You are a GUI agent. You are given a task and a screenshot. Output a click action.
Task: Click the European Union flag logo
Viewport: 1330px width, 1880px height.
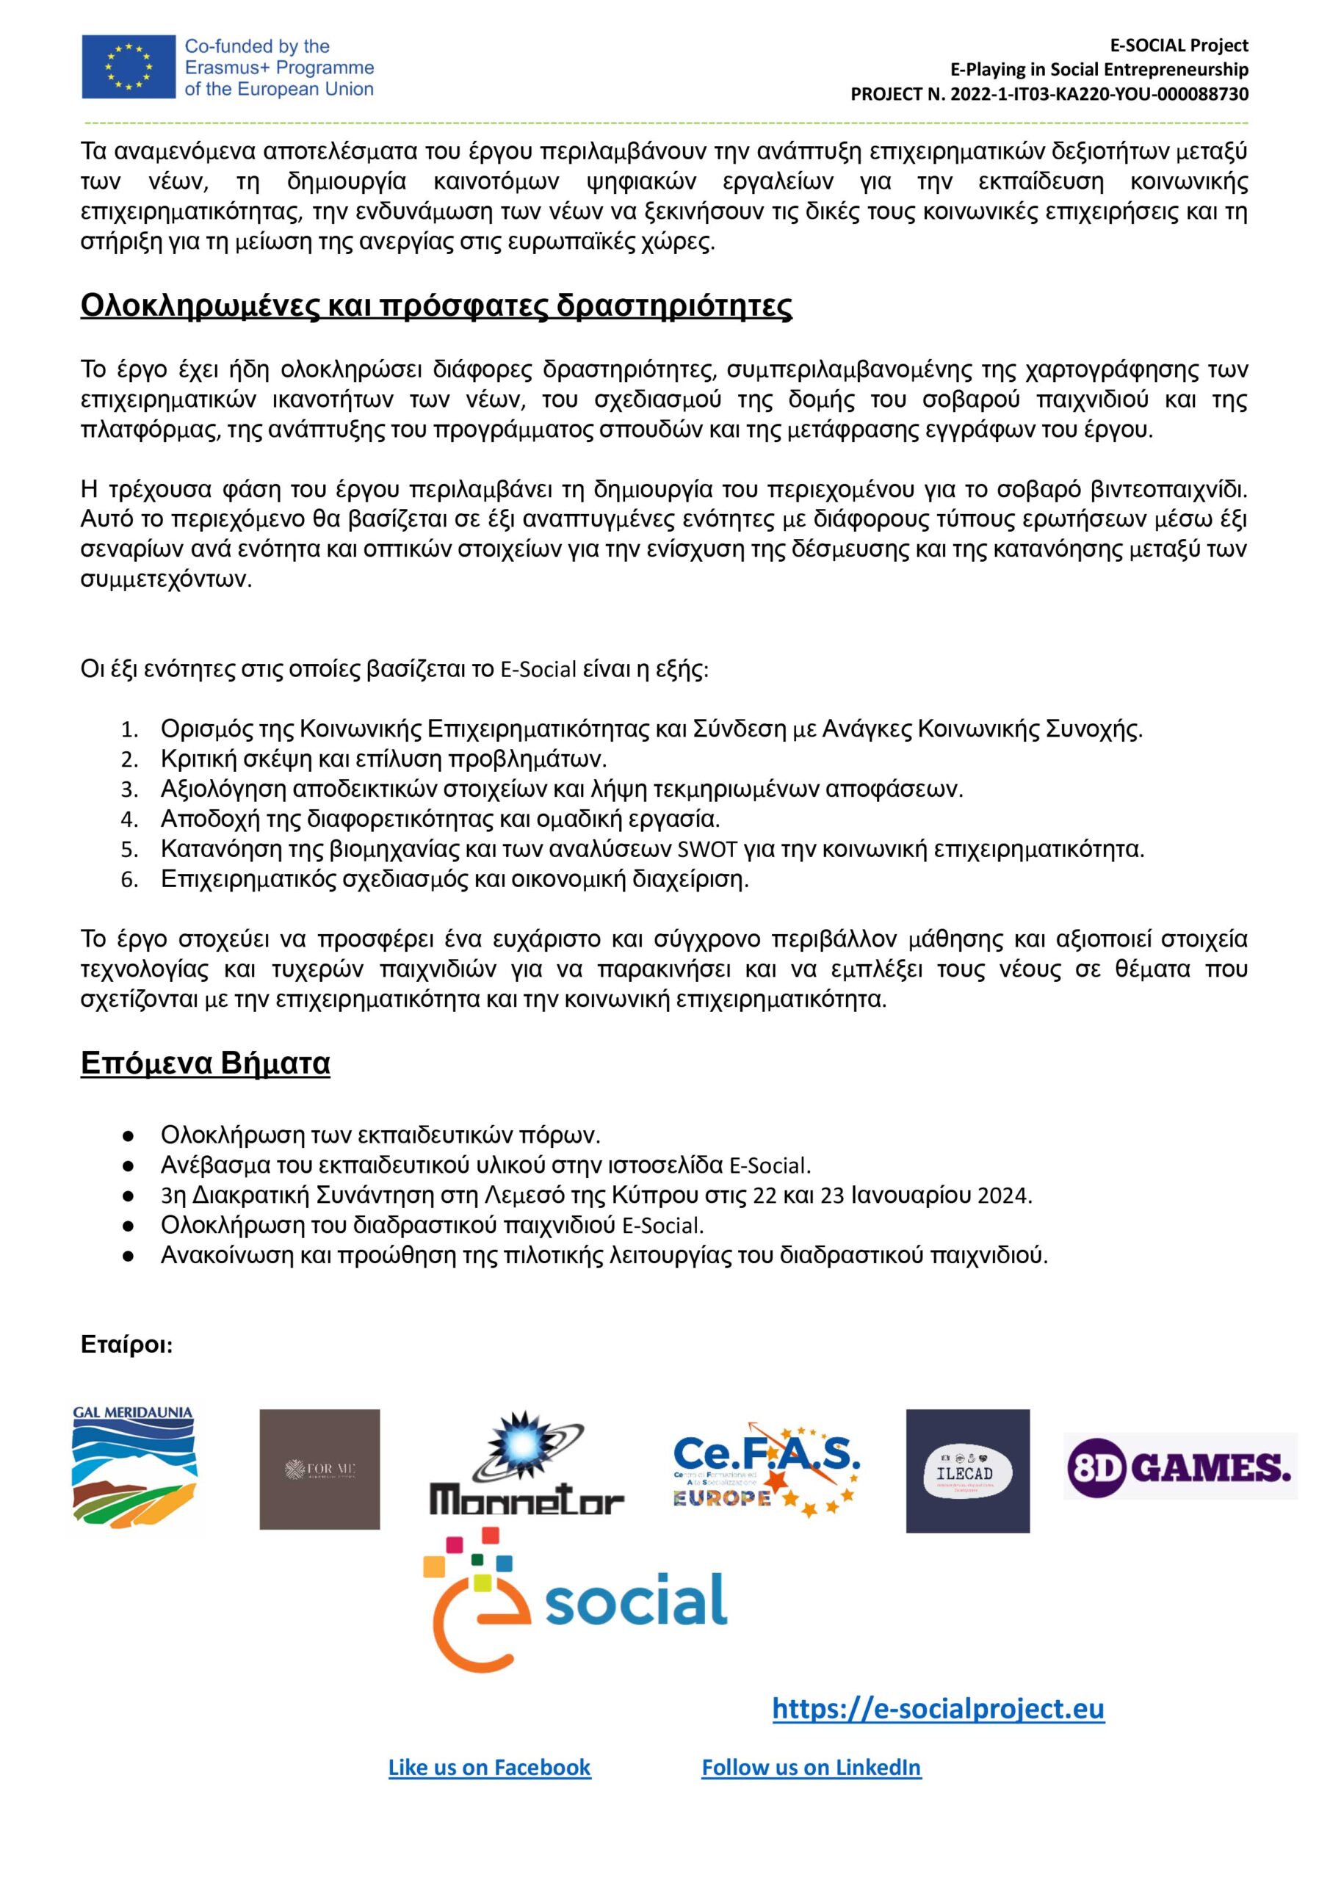pos(128,67)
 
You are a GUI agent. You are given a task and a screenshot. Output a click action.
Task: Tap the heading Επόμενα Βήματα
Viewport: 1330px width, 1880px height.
pos(205,1063)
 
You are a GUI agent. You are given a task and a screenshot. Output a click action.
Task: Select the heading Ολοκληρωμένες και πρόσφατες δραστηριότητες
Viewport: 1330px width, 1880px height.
pos(435,305)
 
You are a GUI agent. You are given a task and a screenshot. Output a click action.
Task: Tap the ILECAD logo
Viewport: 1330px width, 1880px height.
pos(967,1471)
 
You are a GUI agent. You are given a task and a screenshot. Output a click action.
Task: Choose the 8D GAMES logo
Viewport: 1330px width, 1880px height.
pos(1179,1466)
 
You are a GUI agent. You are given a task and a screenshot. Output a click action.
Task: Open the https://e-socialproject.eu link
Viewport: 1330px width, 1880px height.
pos(938,1708)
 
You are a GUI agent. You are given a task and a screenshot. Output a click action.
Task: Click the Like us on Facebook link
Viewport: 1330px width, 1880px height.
pos(489,1767)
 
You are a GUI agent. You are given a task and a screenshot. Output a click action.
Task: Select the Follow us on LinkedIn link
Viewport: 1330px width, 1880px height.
pos(811,1767)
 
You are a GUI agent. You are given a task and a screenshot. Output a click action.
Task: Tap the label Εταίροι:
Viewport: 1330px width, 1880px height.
pos(126,1345)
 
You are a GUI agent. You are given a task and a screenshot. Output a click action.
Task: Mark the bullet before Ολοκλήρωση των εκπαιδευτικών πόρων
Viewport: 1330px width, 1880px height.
pos(128,1135)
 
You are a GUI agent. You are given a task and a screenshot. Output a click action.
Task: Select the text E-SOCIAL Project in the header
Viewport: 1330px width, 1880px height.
pos(1179,45)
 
